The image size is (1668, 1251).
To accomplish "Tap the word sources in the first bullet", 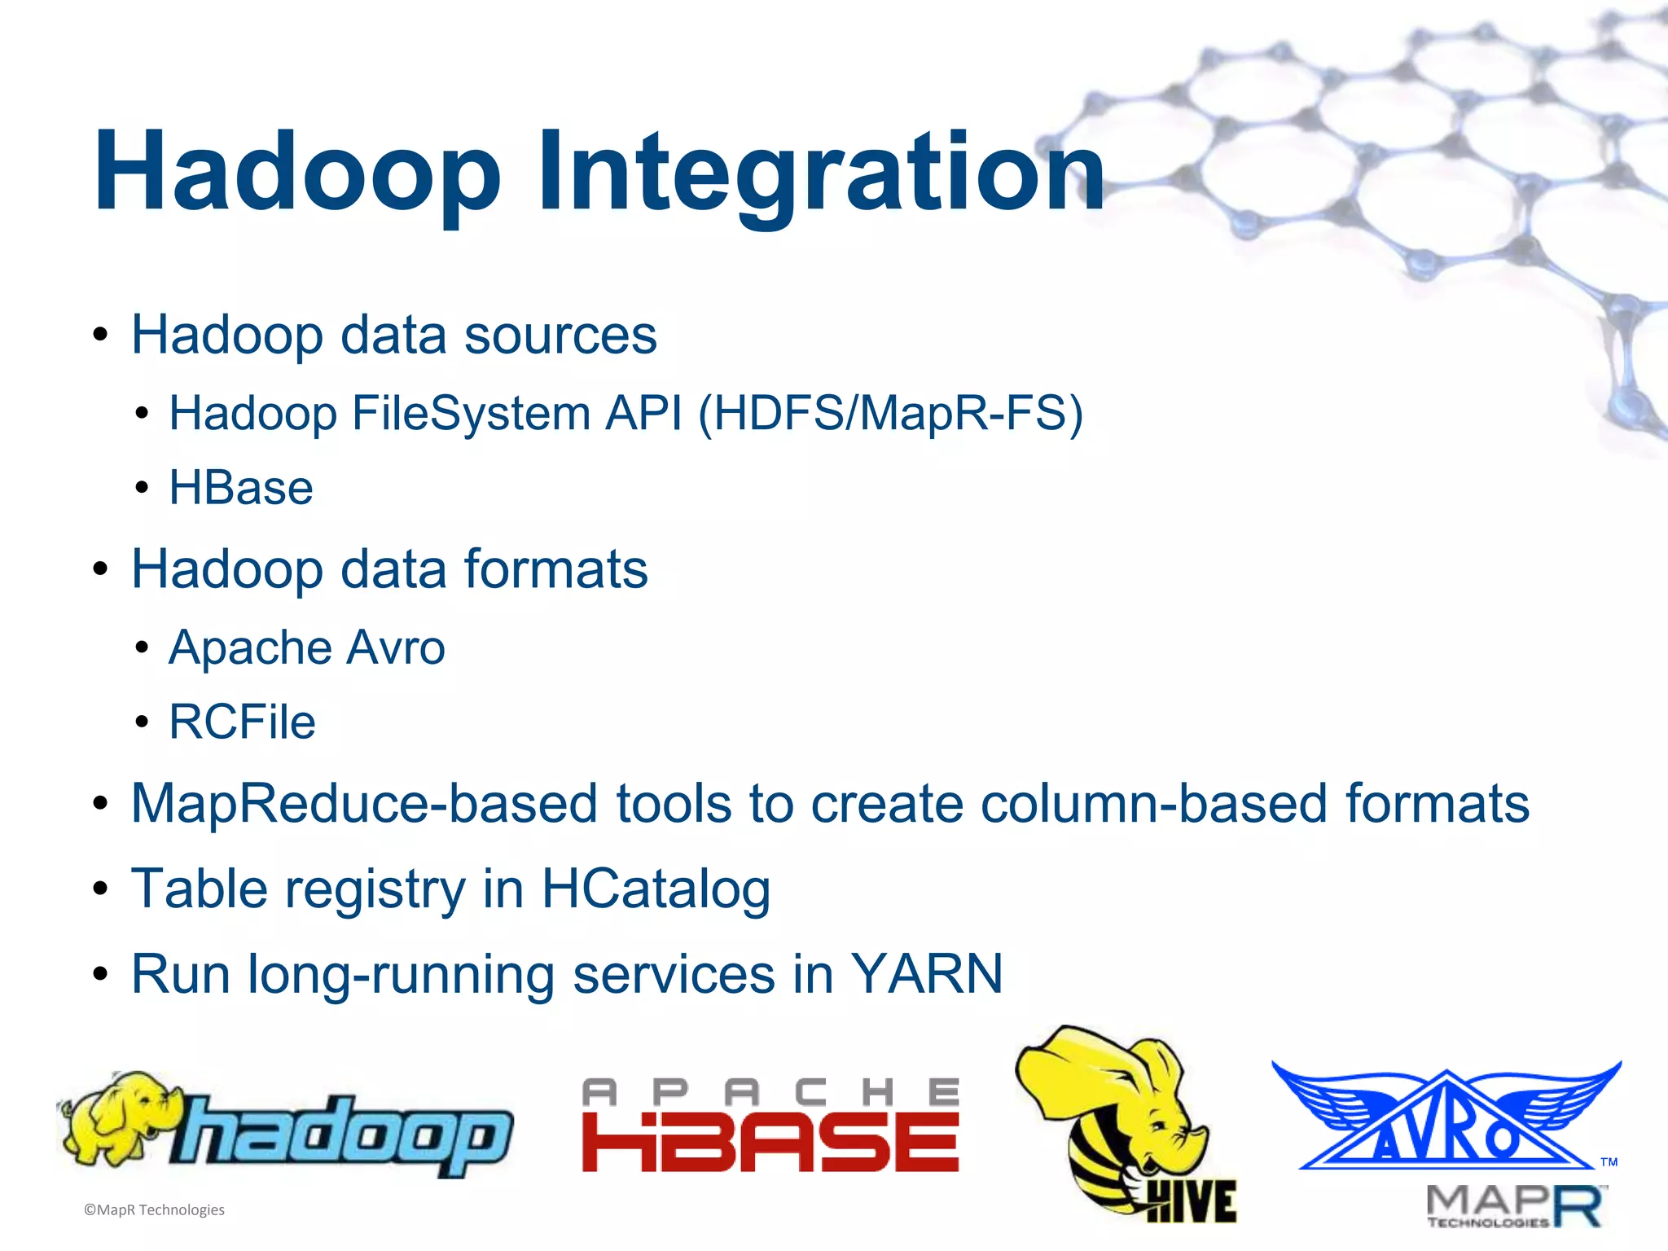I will click(x=560, y=335).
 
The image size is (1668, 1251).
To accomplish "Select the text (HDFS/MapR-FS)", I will click(x=891, y=413).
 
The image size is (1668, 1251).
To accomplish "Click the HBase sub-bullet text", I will click(x=241, y=488).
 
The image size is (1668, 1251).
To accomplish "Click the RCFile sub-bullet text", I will click(x=242, y=722).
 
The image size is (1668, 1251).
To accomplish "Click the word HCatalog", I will click(x=656, y=889).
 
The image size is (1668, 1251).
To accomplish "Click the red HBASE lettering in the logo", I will click(x=770, y=1142).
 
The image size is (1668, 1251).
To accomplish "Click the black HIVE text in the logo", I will click(x=1191, y=1201).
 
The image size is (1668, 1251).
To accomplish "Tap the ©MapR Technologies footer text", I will click(x=155, y=1210).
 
